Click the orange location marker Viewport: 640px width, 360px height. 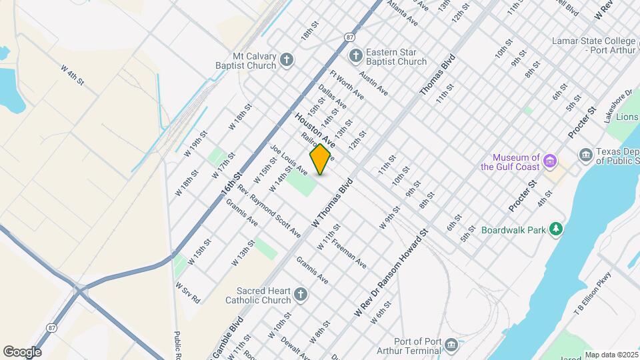point(320,159)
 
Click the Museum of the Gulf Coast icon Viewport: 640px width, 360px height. point(550,161)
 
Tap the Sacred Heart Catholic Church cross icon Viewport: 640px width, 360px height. point(301,295)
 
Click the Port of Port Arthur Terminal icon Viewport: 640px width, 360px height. point(451,345)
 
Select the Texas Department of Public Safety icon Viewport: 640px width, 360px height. point(586,156)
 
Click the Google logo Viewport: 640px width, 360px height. point(22,351)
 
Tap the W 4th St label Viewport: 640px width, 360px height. point(72,75)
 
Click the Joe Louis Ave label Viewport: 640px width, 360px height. point(288,159)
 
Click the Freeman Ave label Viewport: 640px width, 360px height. point(349,253)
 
